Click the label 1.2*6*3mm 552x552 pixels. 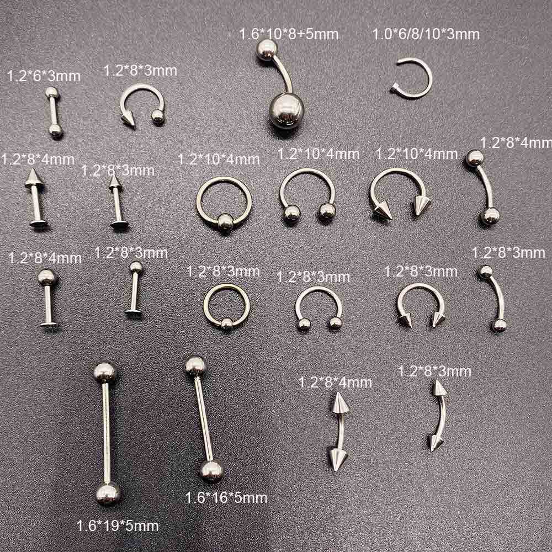pyautogui.click(x=44, y=76)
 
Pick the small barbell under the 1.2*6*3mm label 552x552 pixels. pyautogui.click(x=53, y=111)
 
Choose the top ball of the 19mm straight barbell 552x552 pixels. pyautogui.click(x=105, y=372)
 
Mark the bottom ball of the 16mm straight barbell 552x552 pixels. pyautogui.click(x=211, y=470)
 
